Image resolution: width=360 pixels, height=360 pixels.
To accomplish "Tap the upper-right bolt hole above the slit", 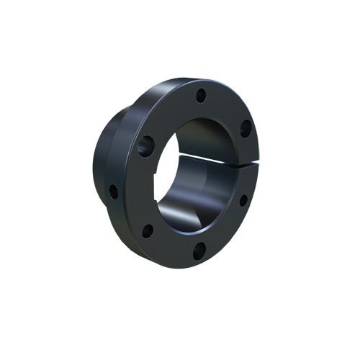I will click(245, 129).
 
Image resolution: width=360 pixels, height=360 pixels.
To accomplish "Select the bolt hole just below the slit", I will click(242, 199).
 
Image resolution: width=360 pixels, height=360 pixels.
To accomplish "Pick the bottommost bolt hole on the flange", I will click(201, 250).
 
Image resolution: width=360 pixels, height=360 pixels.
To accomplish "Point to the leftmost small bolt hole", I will click(113, 191).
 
